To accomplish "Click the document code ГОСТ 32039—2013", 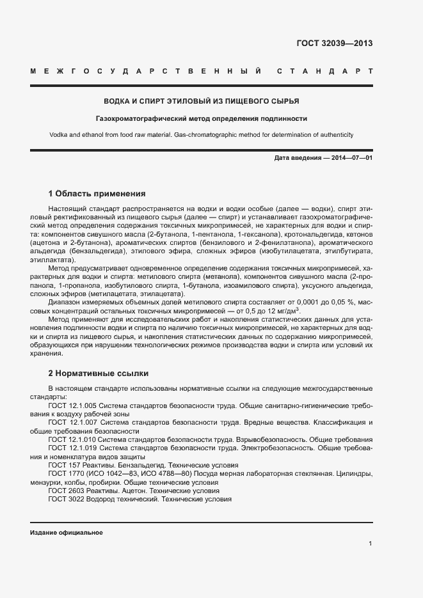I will [334, 44].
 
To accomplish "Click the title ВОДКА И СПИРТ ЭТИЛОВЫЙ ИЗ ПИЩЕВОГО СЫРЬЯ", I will [202, 101].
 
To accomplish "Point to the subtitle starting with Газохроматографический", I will [202, 118].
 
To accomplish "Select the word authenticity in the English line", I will [334, 135].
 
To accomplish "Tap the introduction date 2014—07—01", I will [351, 157].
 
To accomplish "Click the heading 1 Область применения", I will [97, 193].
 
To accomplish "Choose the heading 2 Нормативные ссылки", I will [99, 373].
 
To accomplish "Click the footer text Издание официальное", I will [67, 532].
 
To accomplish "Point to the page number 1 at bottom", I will [371, 544].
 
